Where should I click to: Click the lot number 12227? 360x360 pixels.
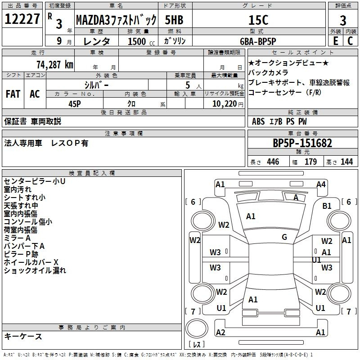click(22, 19)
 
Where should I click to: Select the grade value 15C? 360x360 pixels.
click(258, 20)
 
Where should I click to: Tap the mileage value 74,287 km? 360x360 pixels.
click(55, 64)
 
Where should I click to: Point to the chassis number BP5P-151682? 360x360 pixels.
click(302, 143)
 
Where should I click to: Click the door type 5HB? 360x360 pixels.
click(174, 20)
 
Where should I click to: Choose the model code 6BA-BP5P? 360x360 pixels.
click(258, 41)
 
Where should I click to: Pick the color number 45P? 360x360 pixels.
click(75, 104)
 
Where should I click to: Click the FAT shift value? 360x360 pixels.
click(13, 94)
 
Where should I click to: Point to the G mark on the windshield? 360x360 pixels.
click(284, 237)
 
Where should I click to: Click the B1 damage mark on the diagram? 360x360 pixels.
click(327, 206)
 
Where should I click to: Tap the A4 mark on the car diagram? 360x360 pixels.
click(321, 184)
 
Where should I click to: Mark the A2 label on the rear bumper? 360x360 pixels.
click(220, 332)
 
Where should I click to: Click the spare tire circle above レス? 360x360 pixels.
click(197, 328)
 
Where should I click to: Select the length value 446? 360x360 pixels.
click(273, 162)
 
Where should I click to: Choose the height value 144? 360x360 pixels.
click(346, 162)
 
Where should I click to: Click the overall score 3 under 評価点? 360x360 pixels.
click(343, 20)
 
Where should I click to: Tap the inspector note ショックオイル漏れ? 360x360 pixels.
click(35, 270)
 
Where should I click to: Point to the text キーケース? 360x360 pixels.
click(23, 336)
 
